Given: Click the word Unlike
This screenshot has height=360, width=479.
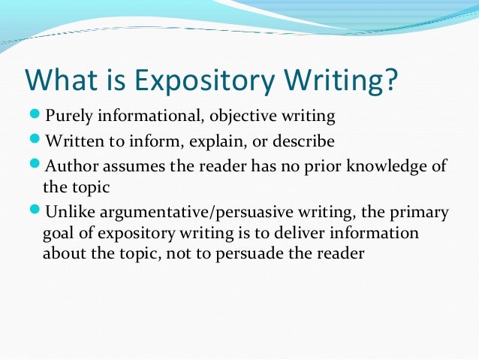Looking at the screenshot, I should pyautogui.click(x=68, y=212).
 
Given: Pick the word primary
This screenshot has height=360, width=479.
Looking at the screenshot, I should pyautogui.click(x=417, y=212).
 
